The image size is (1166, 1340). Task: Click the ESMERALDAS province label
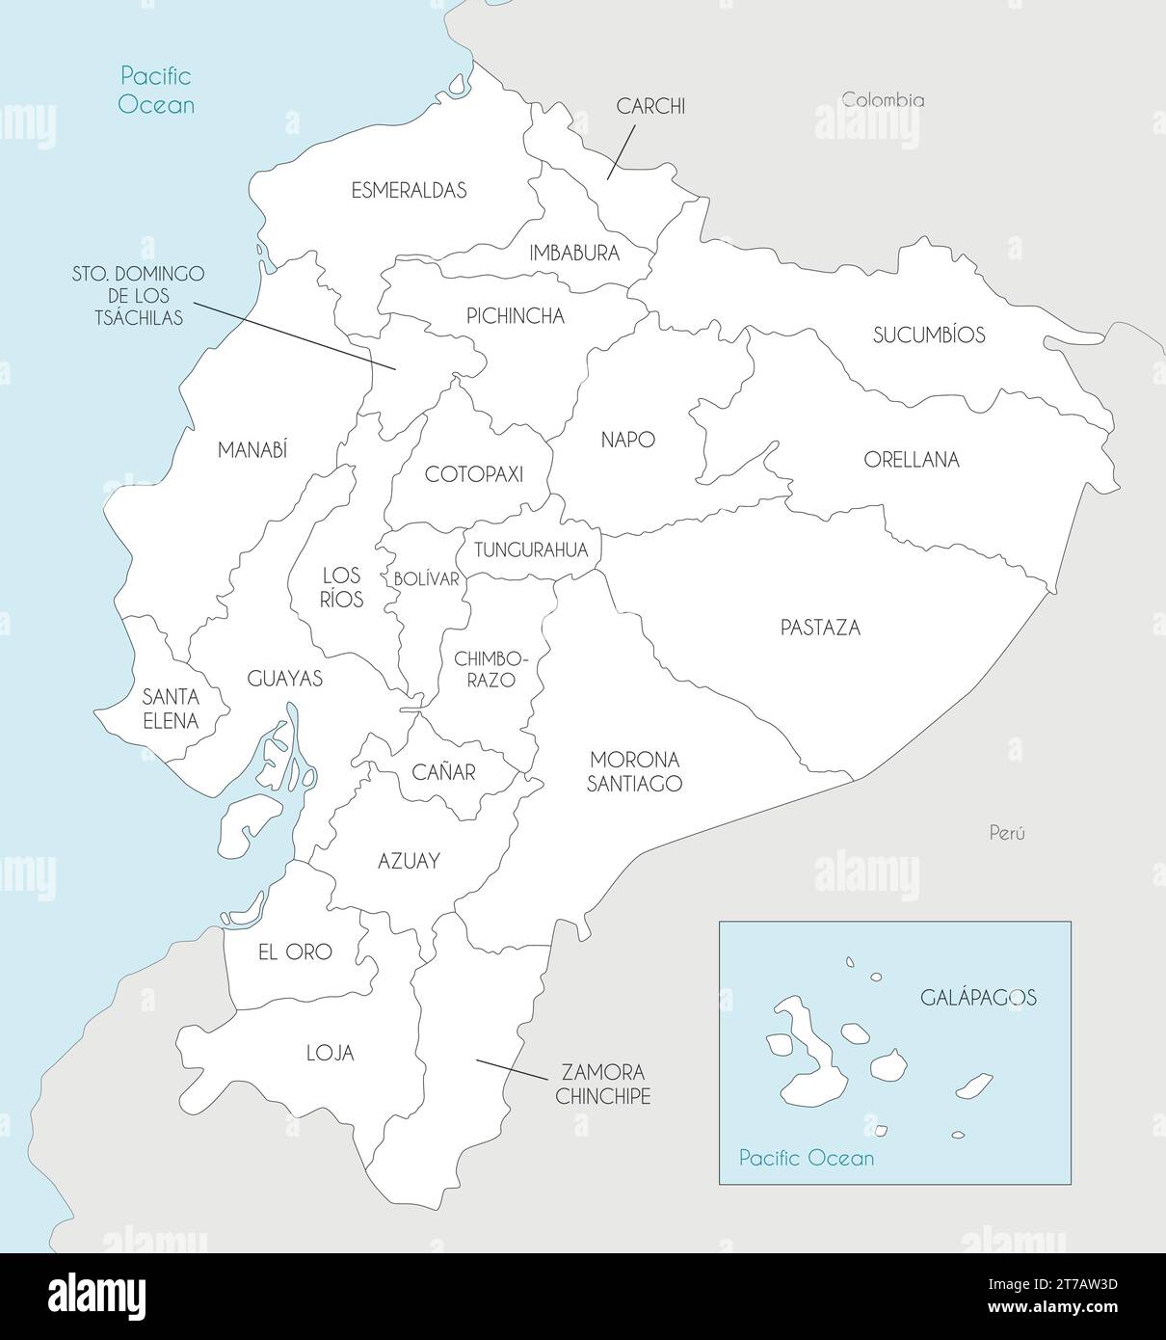tap(409, 190)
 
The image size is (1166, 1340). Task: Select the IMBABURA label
tap(574, 254)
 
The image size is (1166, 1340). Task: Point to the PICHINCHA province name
tap(515, 316)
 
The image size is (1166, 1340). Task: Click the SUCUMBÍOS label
tap(929, 335)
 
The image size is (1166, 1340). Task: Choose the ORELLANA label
tap(911, 460)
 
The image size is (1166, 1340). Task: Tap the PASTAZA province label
tap(819, 628)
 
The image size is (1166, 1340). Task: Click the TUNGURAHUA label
tap(530, 550)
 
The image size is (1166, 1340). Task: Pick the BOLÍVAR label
tap(426, 579)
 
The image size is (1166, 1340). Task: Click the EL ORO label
tap(295, 951)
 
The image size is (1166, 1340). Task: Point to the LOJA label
tap(330, 1054)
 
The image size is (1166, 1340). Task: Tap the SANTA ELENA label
tap(170, 708)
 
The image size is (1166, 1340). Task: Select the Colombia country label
tap(883, 99)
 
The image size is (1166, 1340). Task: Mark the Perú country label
tap(1007, 833)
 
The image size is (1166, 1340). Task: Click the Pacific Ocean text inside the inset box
tap(807, 1158)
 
